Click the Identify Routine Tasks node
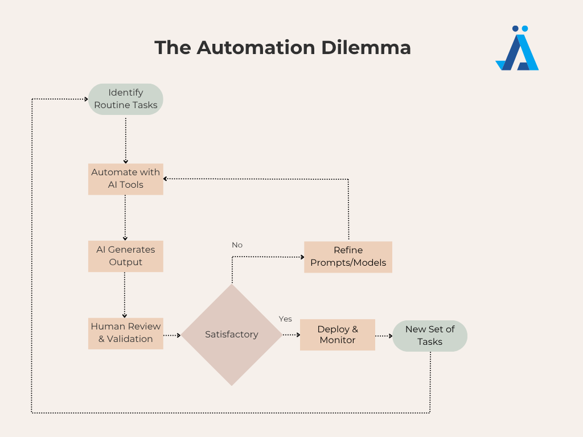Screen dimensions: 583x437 tap(126, 99)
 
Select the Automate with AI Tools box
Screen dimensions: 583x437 tap(126, 179)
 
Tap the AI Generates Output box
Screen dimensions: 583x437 tap(126, 257)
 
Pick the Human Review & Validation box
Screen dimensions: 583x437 tap(126, 333)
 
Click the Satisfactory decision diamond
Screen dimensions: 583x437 tap(232, 335)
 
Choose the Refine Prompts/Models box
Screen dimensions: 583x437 tap(348, 257)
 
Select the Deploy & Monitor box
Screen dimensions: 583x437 tap(338, 335)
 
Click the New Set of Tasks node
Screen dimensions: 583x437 tap(430, 336)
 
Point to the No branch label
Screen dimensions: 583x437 tap(237, 245)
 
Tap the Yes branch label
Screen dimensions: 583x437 tap(285, 319)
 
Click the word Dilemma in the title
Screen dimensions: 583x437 tap(366, 48)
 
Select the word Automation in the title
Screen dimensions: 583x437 tap(256, 48)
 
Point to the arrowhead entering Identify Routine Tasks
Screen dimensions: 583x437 tap(86, 99)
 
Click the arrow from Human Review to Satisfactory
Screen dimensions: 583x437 tap(172, 335)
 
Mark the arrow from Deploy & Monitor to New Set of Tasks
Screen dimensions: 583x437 tap(384, 336)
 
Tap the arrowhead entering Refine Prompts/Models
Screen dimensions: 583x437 tap(302, 257)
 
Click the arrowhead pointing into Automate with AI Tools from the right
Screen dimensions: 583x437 tap(166, 179)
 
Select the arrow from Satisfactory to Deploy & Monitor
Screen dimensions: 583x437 tap(291, 335)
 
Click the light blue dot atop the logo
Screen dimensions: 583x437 tap(524, 28)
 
